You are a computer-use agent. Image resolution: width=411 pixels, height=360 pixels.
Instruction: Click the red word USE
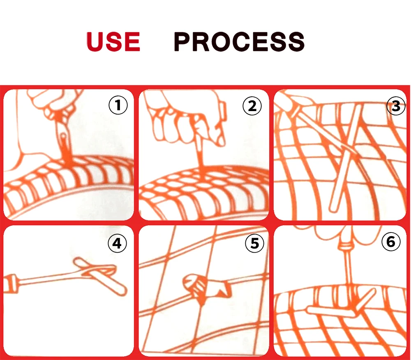pyautogui.click(x=113, y=42)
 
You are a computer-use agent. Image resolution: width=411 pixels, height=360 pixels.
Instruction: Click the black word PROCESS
pyautogui.click(x=239, y=42)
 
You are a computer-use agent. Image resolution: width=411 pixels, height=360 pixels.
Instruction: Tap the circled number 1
pyautogui.click(x=118, y=105)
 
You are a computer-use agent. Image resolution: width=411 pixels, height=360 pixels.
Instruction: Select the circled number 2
pyautogui.click(x=252, y=106)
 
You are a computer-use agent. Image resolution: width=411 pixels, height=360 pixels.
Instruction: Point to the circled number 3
pyautogui.click(x=396, y=106)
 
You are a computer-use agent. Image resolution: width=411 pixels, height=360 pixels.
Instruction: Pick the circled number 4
pyautogui.click(x=117, y=243)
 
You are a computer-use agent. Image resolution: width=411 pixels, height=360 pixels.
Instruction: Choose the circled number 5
pyautogui.click(x=254, y=243)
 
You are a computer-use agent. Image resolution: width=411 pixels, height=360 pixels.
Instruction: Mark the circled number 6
pyautogui.click(x=391, y=242)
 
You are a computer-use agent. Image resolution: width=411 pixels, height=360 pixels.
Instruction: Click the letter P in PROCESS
pyautogui.click(x=182, y=42)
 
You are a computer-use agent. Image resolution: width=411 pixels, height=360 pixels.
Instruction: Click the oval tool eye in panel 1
pyautogui.click(x=63, y=137)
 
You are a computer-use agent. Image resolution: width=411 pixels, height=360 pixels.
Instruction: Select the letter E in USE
pyautogui.click(x=133, y=42)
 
